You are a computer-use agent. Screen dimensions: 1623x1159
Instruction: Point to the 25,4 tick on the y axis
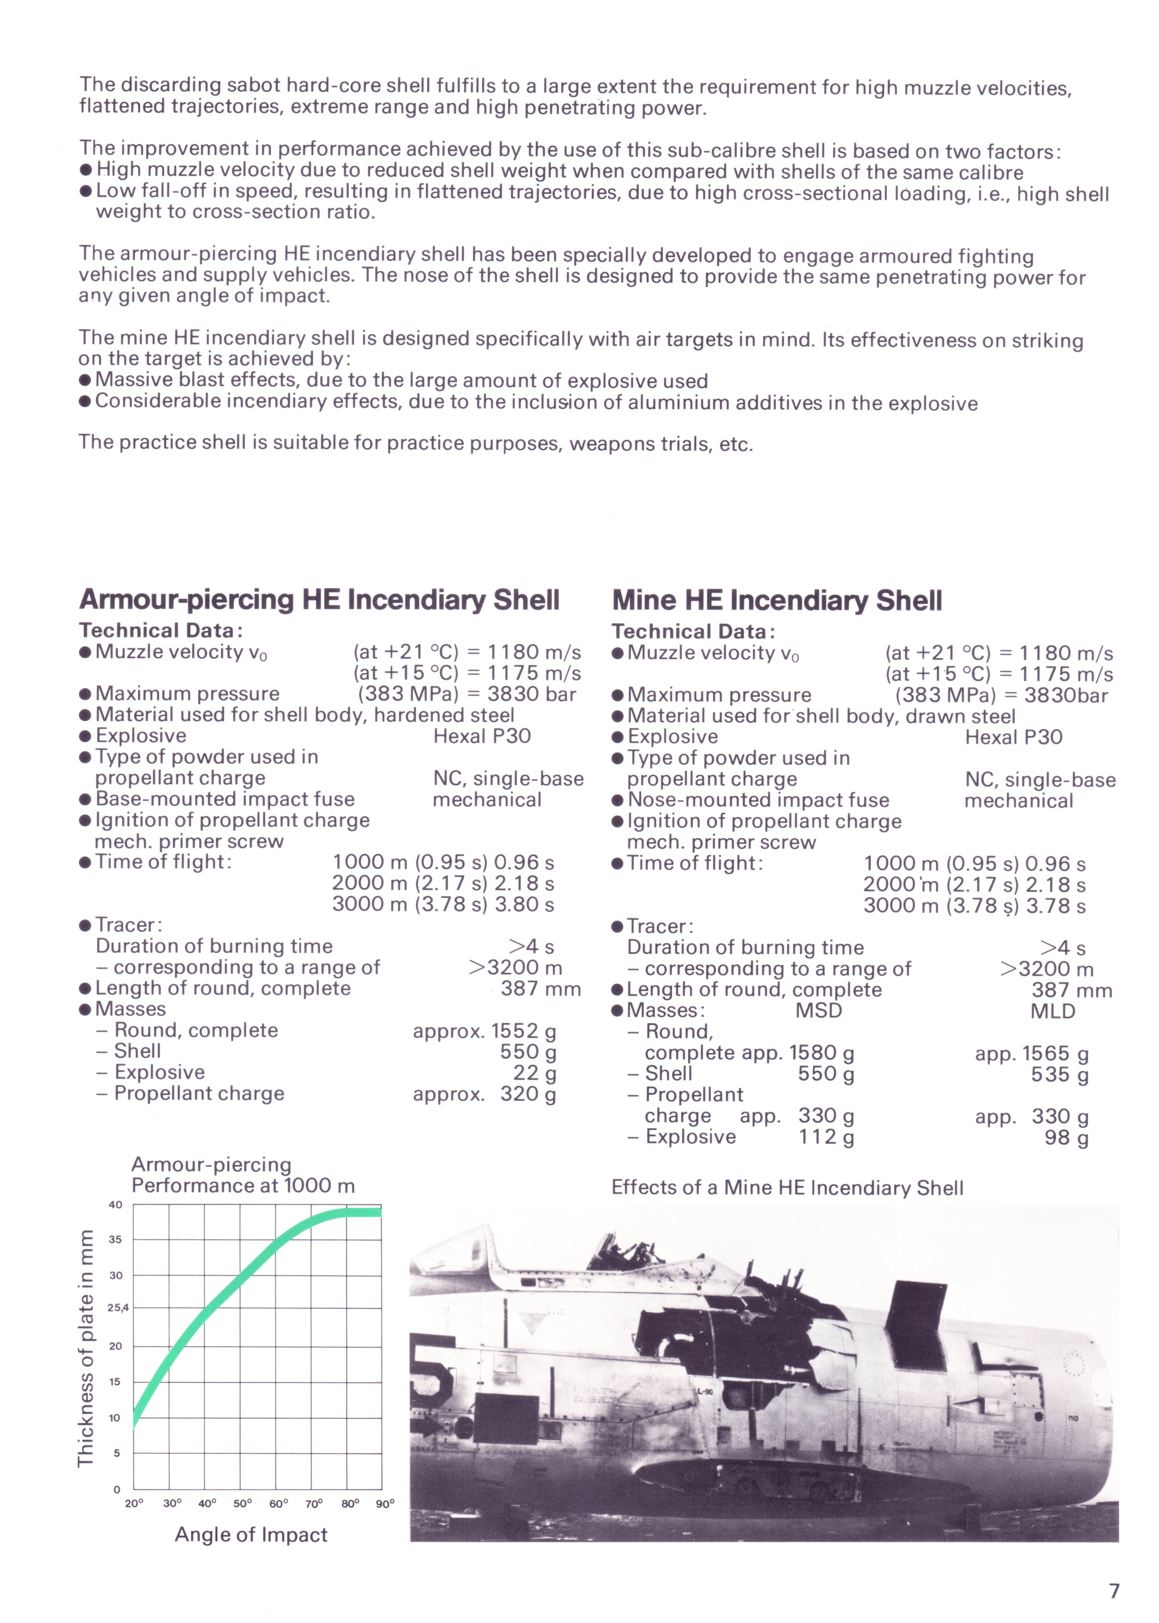(118, 1308)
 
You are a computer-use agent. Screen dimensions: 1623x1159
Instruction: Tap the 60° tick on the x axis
(278, 1504)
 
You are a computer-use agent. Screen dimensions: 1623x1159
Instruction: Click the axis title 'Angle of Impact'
(251, 1535)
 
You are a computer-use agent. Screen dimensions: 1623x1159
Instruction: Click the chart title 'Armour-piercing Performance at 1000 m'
(243, 1175)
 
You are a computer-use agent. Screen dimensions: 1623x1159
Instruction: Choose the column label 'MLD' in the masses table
(1053, 1012)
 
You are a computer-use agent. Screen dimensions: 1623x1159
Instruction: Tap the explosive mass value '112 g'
(826, 1136)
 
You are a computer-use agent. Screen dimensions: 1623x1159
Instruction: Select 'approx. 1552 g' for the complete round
(484, 1031)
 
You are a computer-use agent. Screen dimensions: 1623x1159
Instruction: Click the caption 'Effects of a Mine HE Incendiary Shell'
(787, 1188)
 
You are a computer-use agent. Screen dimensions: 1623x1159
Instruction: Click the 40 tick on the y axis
(115, 1205)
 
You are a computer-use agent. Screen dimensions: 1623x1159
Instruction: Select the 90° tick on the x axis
(385, 1504)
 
